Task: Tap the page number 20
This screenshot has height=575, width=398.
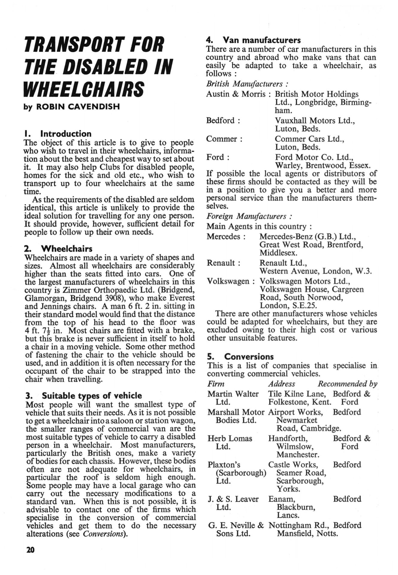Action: click(x=31, y=550)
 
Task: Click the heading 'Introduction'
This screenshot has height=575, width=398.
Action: click(x=66, y=134)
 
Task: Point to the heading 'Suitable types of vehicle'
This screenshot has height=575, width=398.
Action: click(x=92, y=396)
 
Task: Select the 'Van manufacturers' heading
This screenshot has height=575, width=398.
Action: click(x=262, y=40)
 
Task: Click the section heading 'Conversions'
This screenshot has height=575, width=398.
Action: click(x=249, y=357)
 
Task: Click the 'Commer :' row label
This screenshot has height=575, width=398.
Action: click(x=224, y=139)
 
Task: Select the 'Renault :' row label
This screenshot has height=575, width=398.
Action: click(x=224, y=263)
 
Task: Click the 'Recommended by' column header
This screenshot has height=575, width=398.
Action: click(x=347, y=384)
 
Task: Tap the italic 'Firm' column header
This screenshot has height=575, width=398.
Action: click(x=216, y=384)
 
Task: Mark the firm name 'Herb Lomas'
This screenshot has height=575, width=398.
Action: click(x=230, y=438)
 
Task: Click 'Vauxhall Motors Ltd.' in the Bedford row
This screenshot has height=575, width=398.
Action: click(x=315, y=121)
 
